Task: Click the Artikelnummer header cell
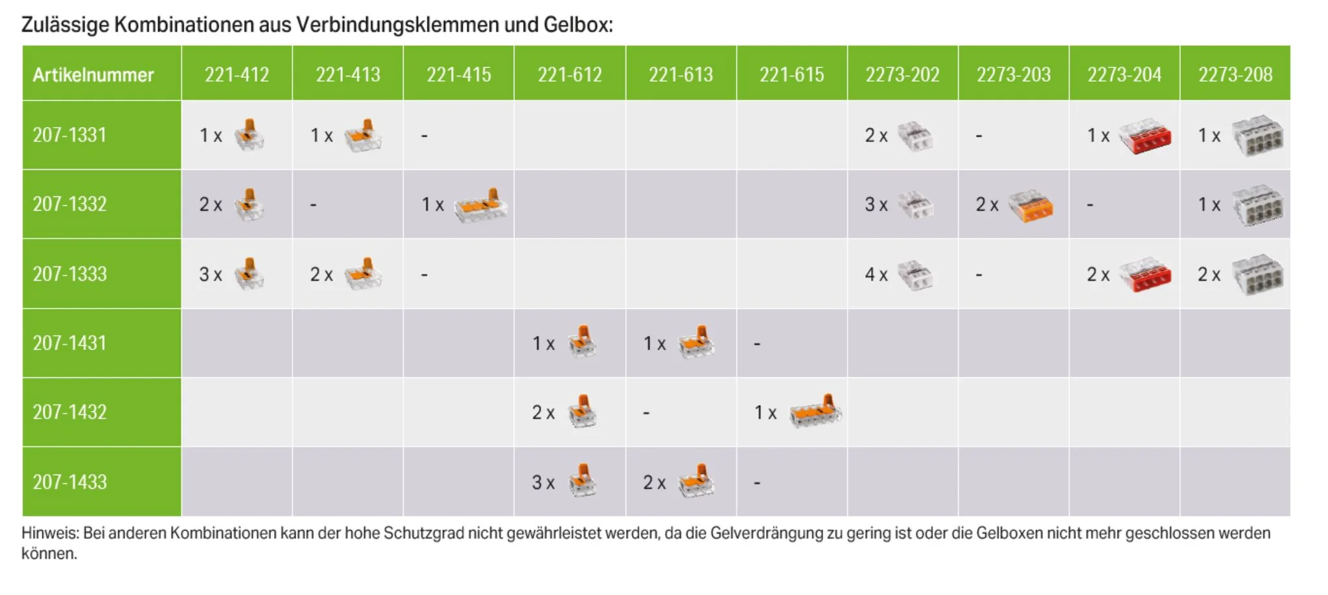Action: (x=93, y=75)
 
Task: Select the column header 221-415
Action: (x=458, y=75)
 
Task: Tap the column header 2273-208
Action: (x=1235, y=75)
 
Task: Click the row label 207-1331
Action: (x=69, y=135)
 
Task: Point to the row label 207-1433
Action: (x=69, y=482)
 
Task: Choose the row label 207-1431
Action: (x=69, y=343)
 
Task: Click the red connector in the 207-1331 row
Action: (x=1145, y=136)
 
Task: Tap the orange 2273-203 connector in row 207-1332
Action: (x=1033, y=206)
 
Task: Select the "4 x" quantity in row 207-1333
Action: (x=876, y=275)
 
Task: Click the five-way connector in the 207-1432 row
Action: (x=815, y=412)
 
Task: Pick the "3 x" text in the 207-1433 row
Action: (x=543, y=483)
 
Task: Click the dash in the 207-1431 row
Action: (x=757, y=344)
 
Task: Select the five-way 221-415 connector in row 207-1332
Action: (x=480, y=205)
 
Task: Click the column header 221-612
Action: (x=569, y=75)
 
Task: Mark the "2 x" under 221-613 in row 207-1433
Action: (x=654, y=483)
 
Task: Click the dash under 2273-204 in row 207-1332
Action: (x=1090, y=205)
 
